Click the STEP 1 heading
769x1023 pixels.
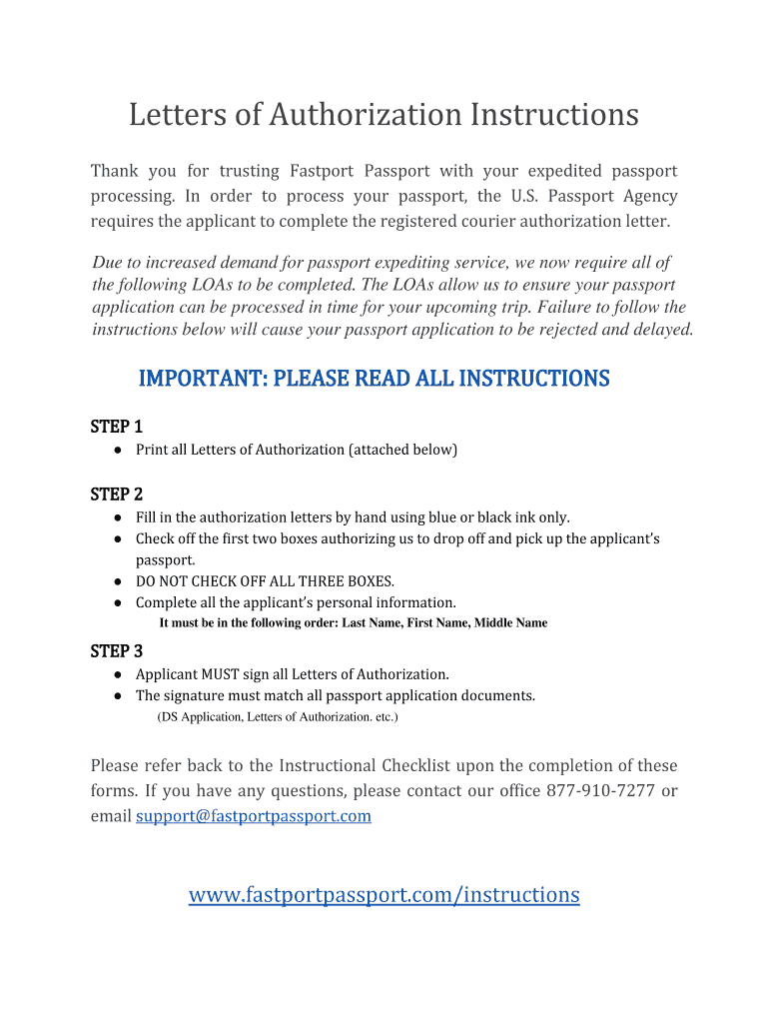click(x=116, y=426)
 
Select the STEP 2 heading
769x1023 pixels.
click(x=116, y=494)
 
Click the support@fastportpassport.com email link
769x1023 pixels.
click(x=253, y=816)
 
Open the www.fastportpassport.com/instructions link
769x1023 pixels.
click(x=384, y=894)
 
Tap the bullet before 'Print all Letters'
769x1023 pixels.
click(x=117, y=450)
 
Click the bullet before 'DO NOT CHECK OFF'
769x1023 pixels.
click(x=117, y=581)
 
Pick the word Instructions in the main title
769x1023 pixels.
click(x=548, y=115)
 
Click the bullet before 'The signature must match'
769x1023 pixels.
click(x=117, y=695)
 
